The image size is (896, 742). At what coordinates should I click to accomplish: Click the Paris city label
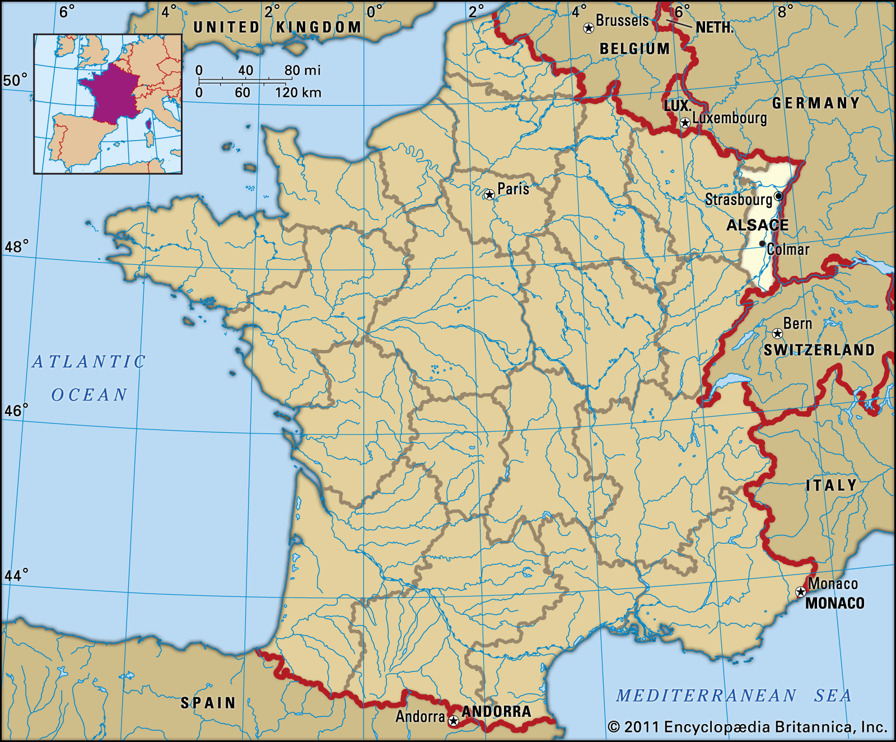tap(513, 189)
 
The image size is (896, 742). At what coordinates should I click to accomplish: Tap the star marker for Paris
tap(489, 194)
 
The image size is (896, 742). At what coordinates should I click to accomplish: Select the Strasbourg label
tap(738, 199)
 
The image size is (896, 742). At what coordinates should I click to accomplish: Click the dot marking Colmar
tap(762, 244)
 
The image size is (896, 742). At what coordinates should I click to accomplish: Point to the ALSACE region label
tap(757, 225)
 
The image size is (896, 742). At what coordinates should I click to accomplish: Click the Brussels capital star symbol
tap(589, 28)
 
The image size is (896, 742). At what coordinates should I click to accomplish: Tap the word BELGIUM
tap(634, 49)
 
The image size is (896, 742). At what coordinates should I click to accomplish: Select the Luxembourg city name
tap(729, 118)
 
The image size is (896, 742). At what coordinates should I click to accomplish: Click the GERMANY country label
tap(815, 103)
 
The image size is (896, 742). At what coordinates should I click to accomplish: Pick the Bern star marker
tap(777, 334)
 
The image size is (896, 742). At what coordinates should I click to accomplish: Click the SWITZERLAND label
tap(819, 350)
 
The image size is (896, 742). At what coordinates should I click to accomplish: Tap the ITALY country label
tap(831, 485)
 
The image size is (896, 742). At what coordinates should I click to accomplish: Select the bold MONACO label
tap(834, 603)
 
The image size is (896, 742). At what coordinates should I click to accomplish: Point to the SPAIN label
tap(208, 703)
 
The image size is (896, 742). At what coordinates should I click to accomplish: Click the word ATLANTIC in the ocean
tap(89, 362)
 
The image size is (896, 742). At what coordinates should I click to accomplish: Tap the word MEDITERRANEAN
tap(706, 696)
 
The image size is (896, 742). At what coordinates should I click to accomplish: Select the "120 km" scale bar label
tap(298, 92)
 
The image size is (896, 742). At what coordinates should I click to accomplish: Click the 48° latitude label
tap(16, 246)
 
